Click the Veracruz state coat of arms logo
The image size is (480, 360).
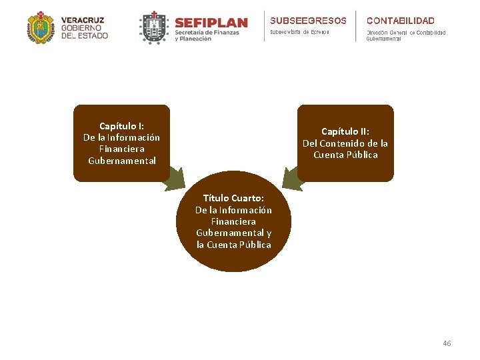click(x=41, y=27)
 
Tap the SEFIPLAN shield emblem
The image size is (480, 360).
click(x=154, y=27)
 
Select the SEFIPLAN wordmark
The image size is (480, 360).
click(x=211, y=23)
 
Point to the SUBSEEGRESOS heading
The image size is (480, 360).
click(x=308, y=21)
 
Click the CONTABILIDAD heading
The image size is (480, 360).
click(x=400, y=21)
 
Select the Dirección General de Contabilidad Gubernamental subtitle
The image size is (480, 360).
click(x=405, y=35)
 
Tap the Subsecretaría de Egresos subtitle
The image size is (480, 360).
click(x=299, y=32)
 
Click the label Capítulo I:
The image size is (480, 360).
click(x=121, y=126)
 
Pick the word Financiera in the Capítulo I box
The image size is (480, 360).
click(x=121, y=149)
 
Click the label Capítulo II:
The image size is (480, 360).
click(x=345, y=132)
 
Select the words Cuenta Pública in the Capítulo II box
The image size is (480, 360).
click(x=345, y=155)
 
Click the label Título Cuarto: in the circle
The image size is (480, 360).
click(x=233, y=198)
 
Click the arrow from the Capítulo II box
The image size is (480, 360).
click(x=291, y=179)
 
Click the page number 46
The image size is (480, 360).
click(x=447, y=343)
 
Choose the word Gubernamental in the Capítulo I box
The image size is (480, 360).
click(x=121, y=161)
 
